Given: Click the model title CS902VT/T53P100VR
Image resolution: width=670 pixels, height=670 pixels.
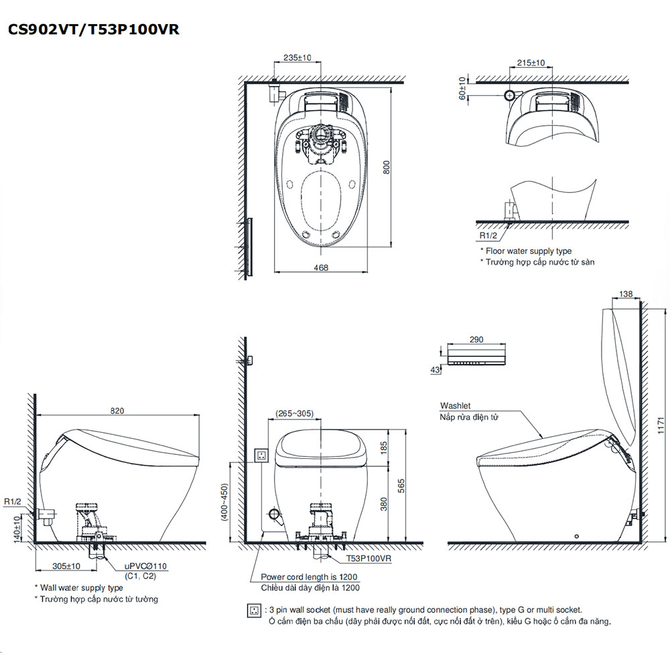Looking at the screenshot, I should (92, 29).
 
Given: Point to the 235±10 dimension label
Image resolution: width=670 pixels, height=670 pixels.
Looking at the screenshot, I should (297, 58).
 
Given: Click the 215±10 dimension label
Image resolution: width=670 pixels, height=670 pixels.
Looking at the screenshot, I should (531, 62).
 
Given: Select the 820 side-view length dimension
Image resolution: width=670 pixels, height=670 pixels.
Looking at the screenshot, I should (118, 411).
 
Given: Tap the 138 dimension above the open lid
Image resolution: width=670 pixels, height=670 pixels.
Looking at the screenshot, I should (626, 294).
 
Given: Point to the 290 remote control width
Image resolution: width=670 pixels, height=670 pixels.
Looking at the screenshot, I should (476, 340).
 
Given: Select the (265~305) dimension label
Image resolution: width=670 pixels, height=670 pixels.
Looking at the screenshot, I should (294, 413).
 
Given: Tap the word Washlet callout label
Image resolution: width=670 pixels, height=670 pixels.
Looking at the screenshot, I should (456, 405).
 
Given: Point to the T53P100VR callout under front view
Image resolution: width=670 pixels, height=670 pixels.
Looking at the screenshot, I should (369, 557).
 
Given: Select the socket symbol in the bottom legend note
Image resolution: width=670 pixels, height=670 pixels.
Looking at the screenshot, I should (254, 611).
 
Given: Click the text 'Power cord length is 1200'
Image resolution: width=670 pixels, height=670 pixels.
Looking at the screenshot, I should (309, 577).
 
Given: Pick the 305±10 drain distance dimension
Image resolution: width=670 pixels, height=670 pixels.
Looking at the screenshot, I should (66, 566).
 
